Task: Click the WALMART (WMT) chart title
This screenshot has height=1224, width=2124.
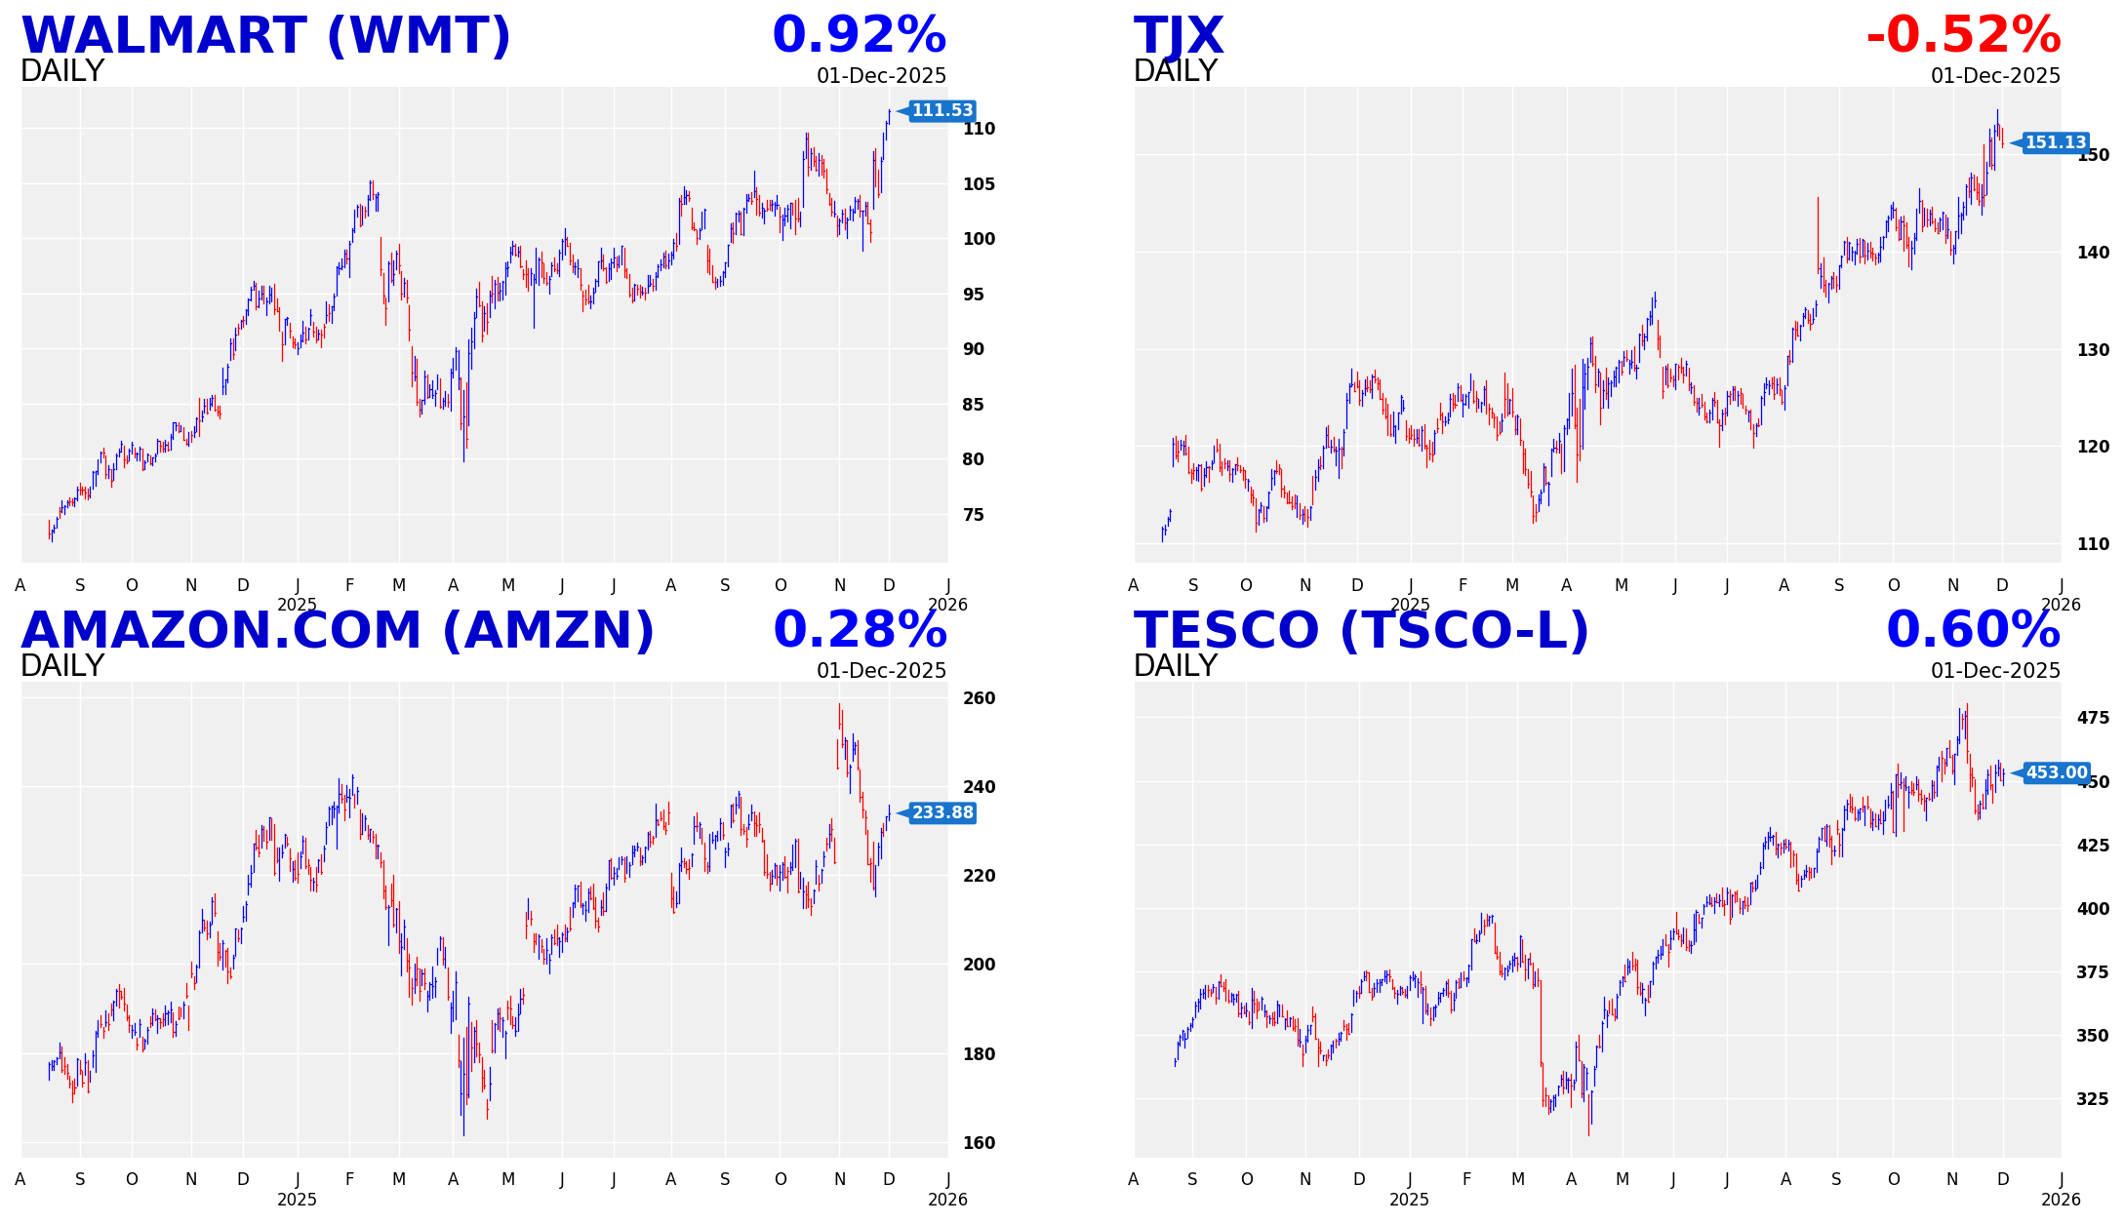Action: point(265,37)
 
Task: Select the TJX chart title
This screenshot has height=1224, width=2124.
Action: point(1178,37)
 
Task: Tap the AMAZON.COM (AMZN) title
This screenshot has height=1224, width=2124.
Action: point(338,631)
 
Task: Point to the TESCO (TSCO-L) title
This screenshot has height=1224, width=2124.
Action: point(1361,631)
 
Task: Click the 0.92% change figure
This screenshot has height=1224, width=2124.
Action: point(859,36)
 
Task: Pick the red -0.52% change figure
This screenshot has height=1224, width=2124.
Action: point(1963,36)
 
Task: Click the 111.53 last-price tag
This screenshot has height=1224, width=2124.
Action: point(942,111)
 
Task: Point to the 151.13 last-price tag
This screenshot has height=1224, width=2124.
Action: point(2055,143)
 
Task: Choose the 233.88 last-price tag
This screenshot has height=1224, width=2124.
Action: point(942,813)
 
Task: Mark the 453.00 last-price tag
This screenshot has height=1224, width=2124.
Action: point(2056,773)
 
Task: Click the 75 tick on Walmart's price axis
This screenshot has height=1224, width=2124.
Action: point(973,515)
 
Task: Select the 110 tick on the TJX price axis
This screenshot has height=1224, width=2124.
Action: point(2093,544)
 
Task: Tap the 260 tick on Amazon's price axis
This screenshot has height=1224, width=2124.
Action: point(979,698)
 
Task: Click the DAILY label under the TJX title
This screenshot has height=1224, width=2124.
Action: point(1175,71)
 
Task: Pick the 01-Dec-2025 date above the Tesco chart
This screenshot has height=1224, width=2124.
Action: point(1995,671)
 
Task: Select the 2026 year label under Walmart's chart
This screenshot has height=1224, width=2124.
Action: point(947,605)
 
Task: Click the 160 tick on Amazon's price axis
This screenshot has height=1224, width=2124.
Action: point(979,1143)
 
